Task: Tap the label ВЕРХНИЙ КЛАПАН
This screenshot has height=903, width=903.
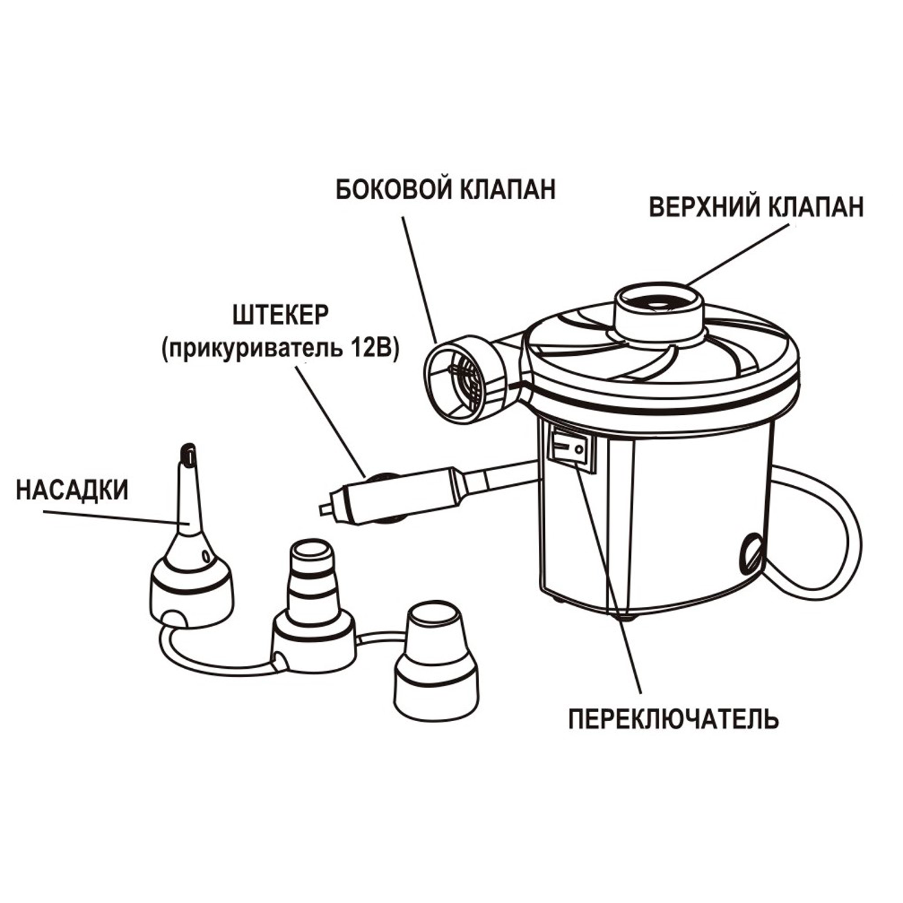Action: (756, 207)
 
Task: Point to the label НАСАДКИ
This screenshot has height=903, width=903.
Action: (72, 490)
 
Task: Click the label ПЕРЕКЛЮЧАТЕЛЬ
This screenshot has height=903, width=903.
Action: (674, 718)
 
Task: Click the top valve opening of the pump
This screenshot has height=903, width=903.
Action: (658, 304)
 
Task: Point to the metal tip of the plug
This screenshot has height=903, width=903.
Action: (326, 510)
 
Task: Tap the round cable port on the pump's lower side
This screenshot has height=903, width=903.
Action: (751, 548)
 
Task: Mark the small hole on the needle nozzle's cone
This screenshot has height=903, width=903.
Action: (206, 553)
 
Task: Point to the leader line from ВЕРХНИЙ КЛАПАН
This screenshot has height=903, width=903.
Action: (740, 253)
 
